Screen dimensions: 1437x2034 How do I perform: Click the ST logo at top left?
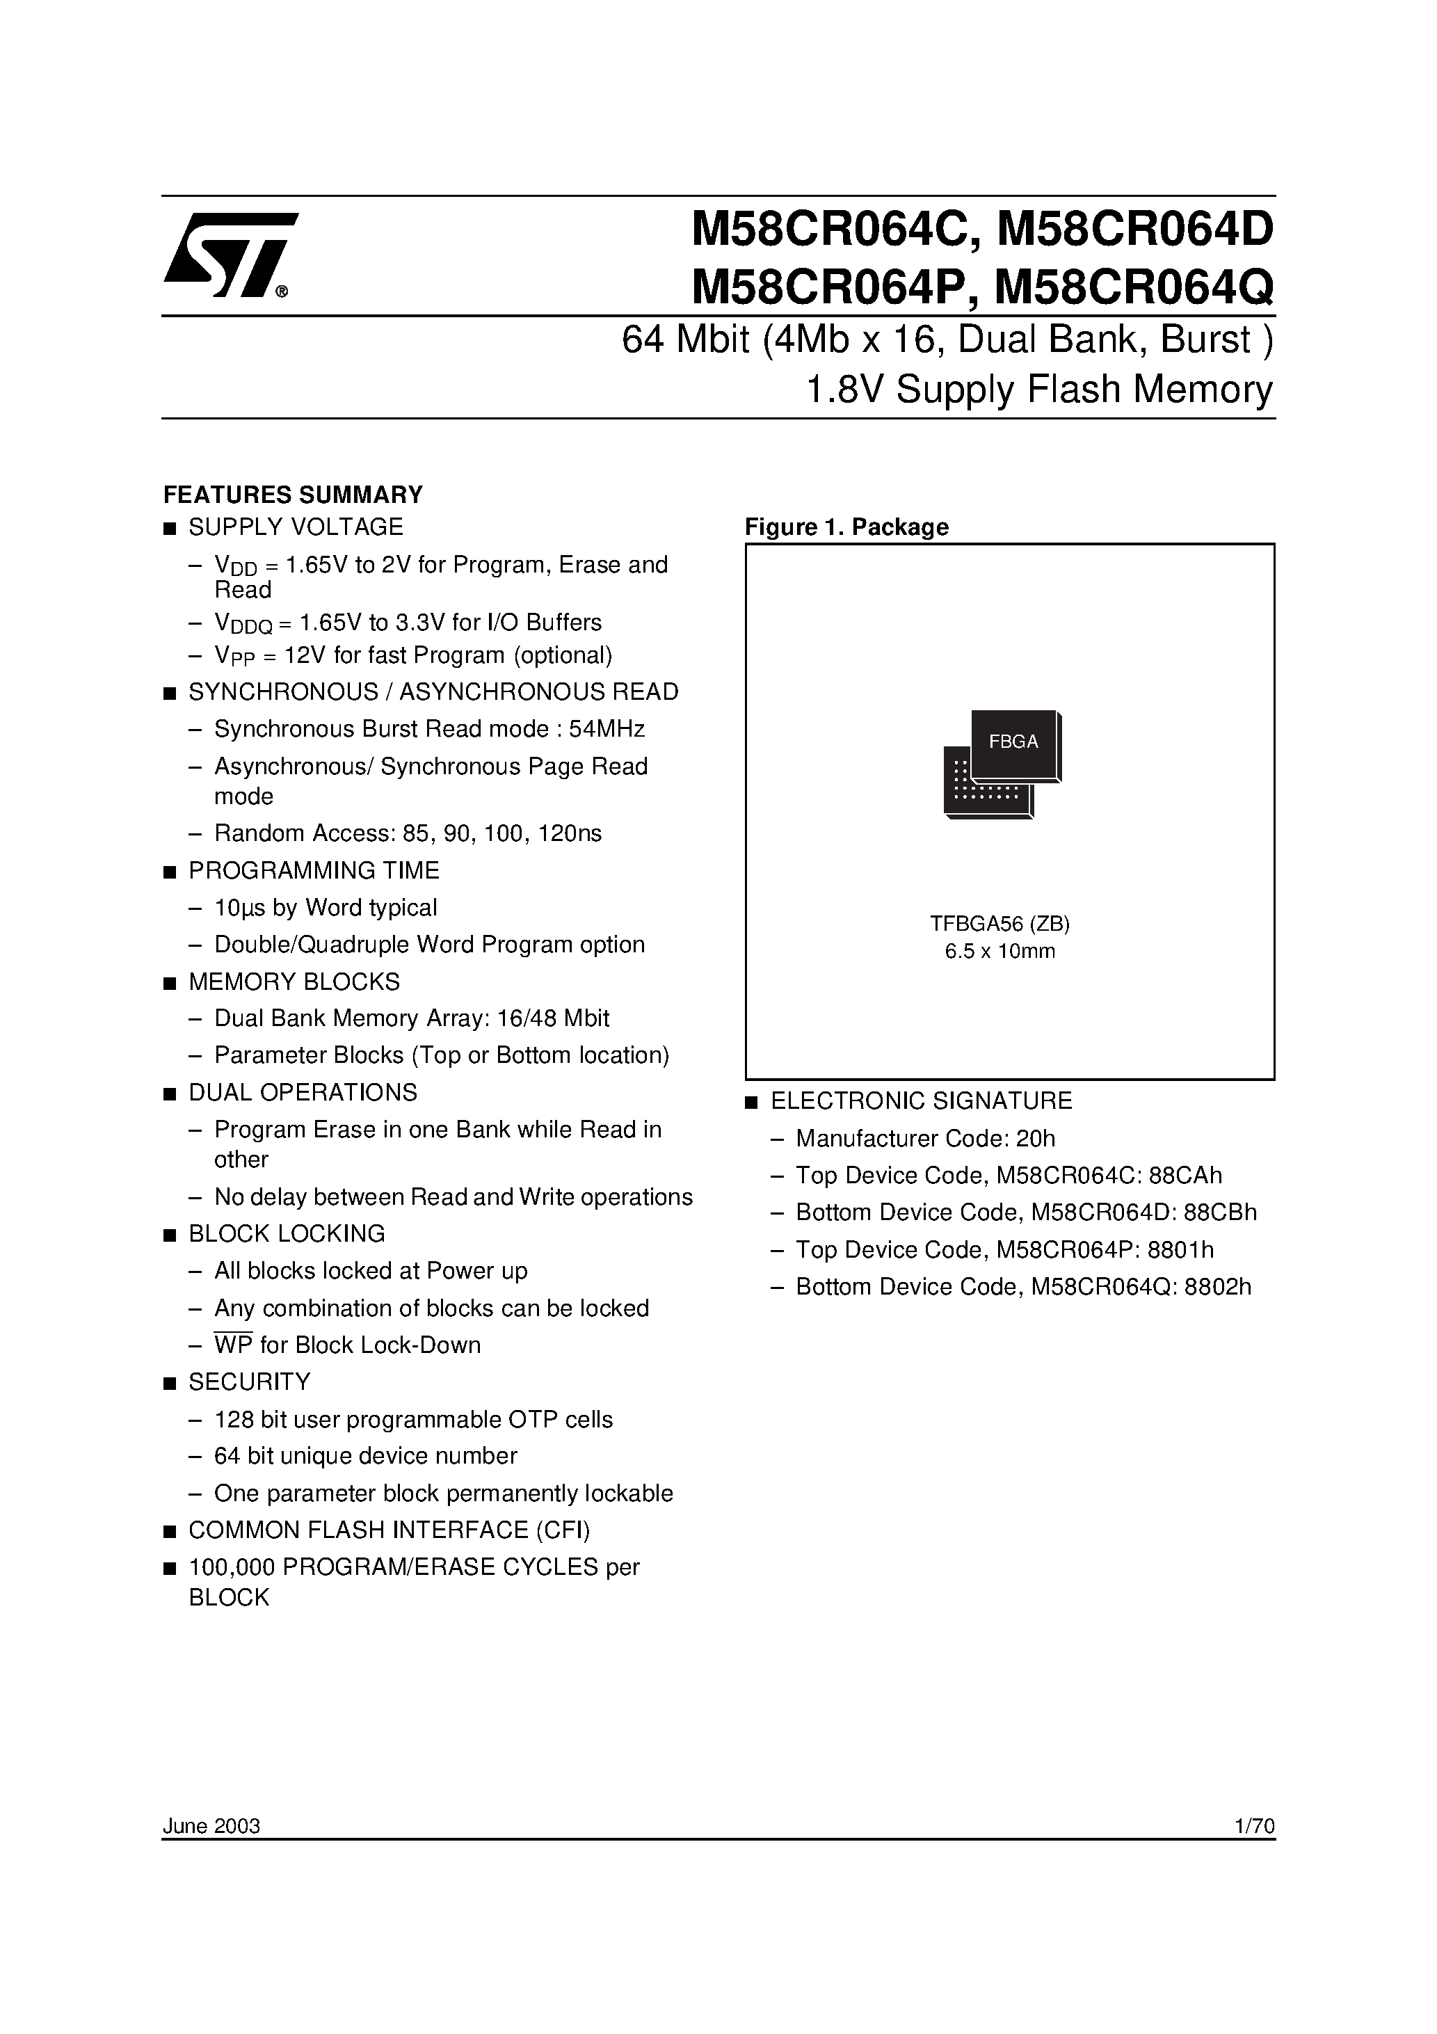point(230,255)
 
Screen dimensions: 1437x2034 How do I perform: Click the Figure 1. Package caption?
point(846,527)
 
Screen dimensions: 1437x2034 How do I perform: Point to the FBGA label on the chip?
point(1013,742)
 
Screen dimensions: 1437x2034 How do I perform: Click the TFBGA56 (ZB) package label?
point(1000,924)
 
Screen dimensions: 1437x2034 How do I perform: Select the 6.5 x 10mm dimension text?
point(1000,952)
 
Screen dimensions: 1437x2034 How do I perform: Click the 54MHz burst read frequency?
point(607,729)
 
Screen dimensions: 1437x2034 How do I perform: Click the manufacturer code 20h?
point(1036,1138)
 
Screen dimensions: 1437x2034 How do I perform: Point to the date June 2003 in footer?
point(211,1826)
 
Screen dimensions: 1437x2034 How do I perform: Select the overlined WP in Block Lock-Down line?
point(233,1345)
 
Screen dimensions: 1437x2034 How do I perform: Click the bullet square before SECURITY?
point(169,1383)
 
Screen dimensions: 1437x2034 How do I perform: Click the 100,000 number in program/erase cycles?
point(230,1567)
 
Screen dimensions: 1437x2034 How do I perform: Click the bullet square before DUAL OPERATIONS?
point(169,1094)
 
